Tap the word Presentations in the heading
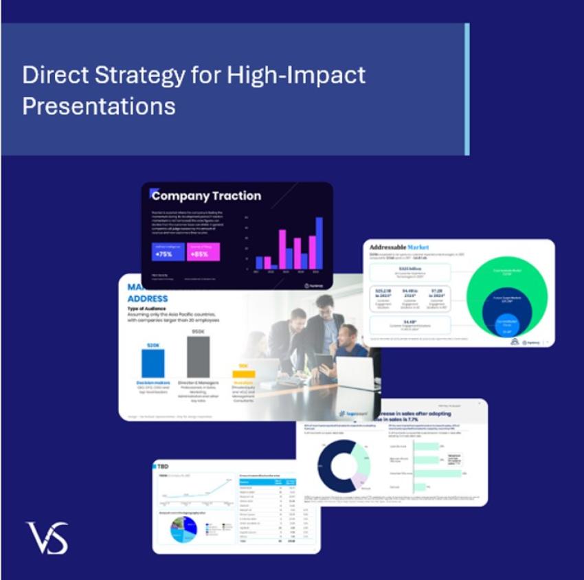98,107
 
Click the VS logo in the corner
47,537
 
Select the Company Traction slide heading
206,196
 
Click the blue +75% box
168,252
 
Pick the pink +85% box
203,252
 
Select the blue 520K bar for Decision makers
153,363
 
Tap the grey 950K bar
198,357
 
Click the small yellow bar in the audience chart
243,375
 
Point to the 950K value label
198,332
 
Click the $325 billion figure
409,268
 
